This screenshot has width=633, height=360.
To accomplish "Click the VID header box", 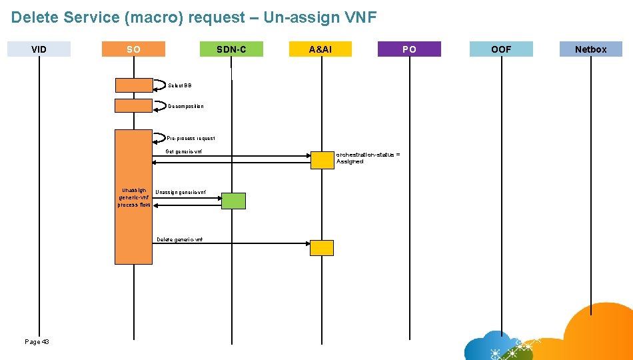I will coord(39,49).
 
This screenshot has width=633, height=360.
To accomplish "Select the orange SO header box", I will coord(133,49).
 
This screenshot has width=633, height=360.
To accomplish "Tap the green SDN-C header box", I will coord(231,49).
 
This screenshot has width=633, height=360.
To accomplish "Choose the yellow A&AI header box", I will coord(320,49).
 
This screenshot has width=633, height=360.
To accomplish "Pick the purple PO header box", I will coord(409,49).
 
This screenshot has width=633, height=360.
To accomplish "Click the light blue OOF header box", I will coord(501,49).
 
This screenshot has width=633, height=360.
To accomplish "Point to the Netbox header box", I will coord(590,49).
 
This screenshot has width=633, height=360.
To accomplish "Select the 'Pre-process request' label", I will coord(191,138).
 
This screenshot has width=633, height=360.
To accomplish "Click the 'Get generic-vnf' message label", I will coord(183,151).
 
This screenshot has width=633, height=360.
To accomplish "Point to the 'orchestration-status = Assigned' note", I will coord(368,158).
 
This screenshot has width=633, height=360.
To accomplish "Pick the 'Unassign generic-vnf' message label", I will coord(181,193).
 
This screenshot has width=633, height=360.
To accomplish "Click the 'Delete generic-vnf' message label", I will coord(179,239).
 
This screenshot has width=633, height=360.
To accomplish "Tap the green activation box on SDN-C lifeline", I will coord(233,201).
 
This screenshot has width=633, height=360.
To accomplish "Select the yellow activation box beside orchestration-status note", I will coord(322,160).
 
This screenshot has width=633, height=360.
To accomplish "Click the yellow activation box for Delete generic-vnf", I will coord(322,248).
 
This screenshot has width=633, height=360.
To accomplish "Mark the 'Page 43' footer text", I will coord(37,341).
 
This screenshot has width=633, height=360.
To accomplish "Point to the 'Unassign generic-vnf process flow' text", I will coord(134,197).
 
